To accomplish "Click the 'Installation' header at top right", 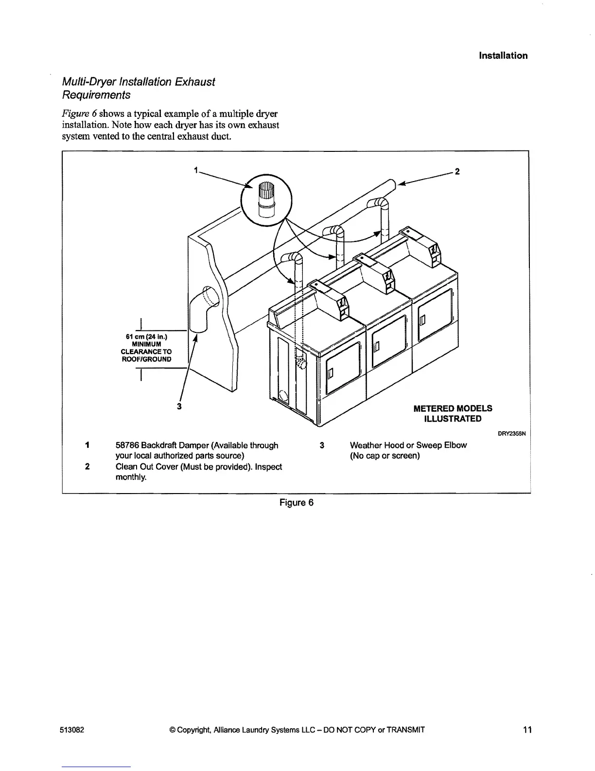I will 503,55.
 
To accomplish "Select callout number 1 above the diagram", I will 195,170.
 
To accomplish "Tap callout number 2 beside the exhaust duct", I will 456,171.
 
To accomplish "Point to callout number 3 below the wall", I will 179,406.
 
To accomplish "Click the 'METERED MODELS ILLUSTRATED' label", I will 453,413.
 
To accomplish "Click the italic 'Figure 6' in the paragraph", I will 80,113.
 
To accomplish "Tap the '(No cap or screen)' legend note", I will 385,456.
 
